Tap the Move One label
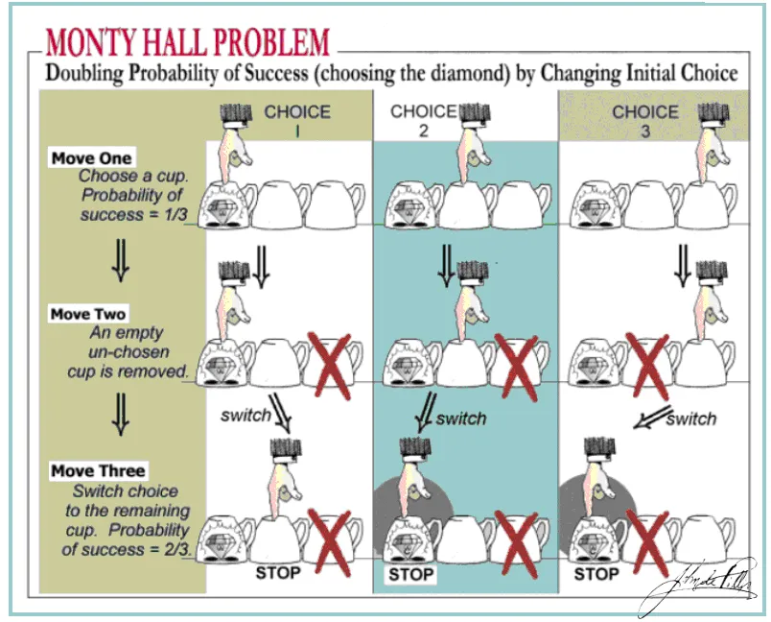point(92,158)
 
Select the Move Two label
point(88,314)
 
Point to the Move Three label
point(98,471)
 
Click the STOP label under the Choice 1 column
point(278,573)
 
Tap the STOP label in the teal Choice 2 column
point(410,575)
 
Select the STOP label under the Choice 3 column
point(596,574)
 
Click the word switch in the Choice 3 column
point(690,419)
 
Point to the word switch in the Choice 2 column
point(461,419)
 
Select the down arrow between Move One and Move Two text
point(120,260)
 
